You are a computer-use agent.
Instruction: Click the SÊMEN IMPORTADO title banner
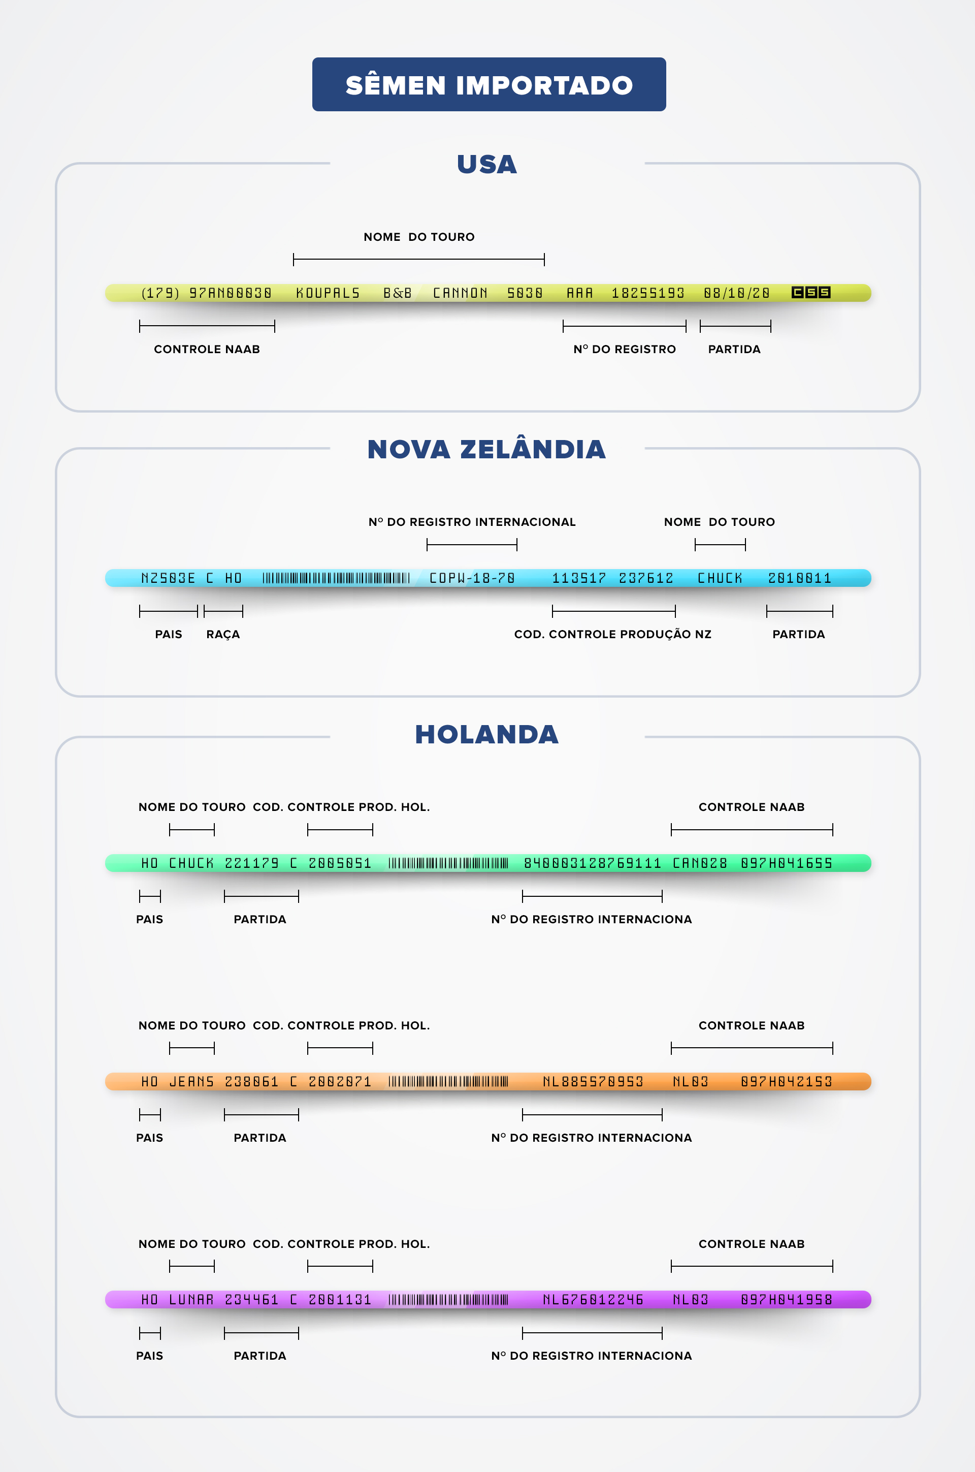[489, 85]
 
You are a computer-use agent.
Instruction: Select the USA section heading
[487, 164]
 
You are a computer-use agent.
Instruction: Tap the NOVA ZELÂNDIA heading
[486, 449]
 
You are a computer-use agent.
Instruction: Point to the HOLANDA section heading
[487, 734]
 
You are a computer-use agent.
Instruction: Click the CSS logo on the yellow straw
[811, 292]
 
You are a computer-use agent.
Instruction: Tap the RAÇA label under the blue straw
[222, 634]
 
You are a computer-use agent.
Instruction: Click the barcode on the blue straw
[336, 578]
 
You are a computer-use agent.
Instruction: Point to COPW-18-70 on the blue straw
[472, 578]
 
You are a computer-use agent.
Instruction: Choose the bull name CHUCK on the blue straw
[720, 578]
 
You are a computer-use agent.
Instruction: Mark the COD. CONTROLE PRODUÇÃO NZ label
[612, 634]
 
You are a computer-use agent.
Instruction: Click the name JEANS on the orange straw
[191, 1082]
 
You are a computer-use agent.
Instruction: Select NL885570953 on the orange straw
[593, 1082]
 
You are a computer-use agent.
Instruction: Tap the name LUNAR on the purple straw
[191, 1300]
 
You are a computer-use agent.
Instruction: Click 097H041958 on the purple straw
[786, 1300]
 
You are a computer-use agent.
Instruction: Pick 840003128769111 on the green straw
[593, 863]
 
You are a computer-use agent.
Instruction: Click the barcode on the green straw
[448, 863]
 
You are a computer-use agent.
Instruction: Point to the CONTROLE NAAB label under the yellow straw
[207, 349]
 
